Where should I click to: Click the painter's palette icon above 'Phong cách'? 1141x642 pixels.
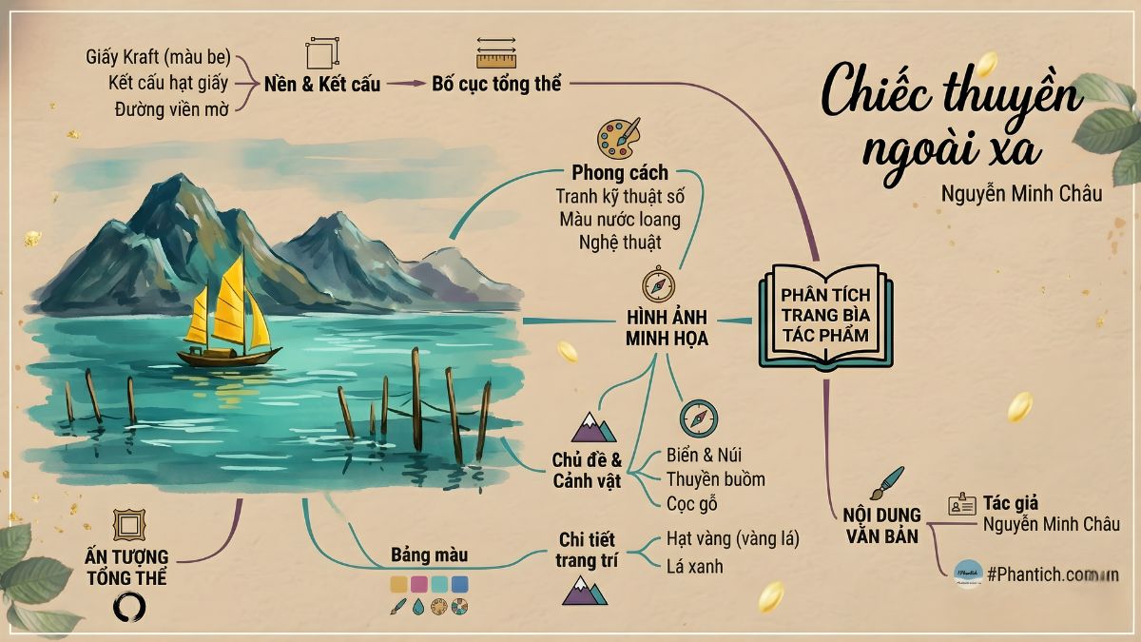618,139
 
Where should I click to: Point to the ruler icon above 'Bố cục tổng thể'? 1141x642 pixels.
495,54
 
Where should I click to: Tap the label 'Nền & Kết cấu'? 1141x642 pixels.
322,84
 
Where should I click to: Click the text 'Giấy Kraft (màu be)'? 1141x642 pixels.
158,58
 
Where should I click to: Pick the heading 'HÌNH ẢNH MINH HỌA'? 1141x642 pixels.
667,327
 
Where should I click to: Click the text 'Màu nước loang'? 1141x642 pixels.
620,220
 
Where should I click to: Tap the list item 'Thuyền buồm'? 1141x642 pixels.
715,479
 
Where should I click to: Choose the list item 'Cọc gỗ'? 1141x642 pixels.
691,504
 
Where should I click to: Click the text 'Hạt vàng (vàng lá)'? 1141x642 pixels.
732,539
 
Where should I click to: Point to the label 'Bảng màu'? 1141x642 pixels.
430,554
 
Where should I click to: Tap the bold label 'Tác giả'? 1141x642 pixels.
1011,503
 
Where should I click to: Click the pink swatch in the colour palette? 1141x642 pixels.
419,584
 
